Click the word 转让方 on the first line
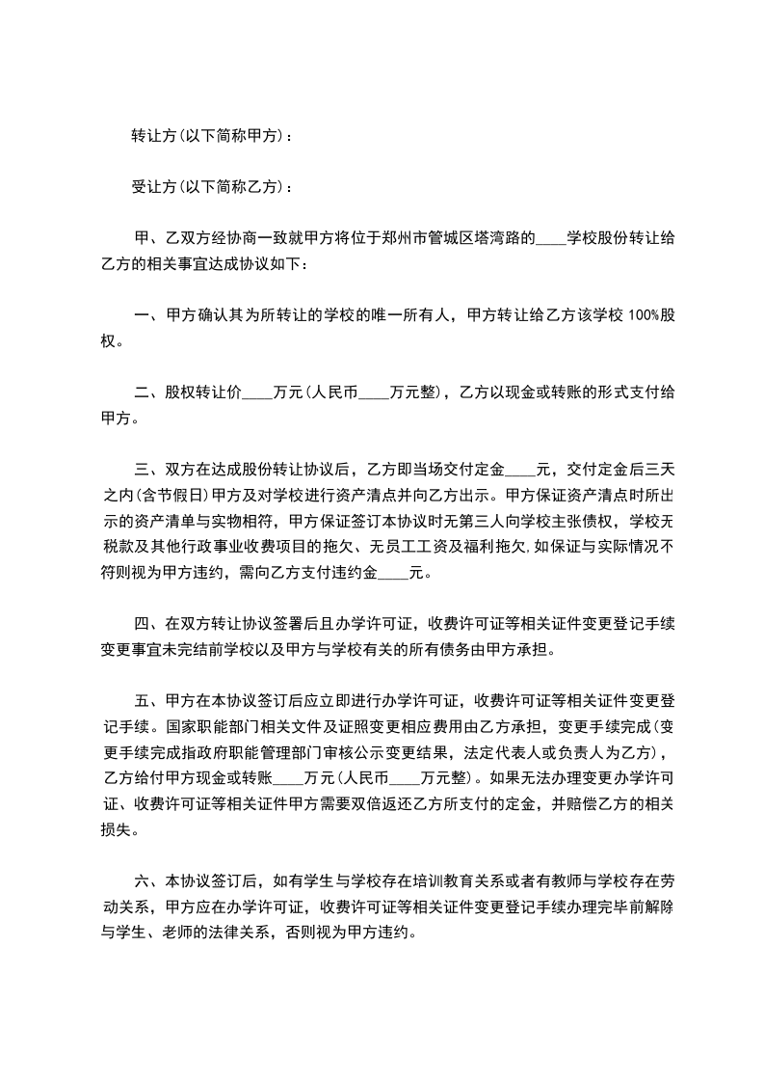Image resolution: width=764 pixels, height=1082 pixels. [153, 137]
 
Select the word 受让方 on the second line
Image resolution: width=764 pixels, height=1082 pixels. [153, 187]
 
